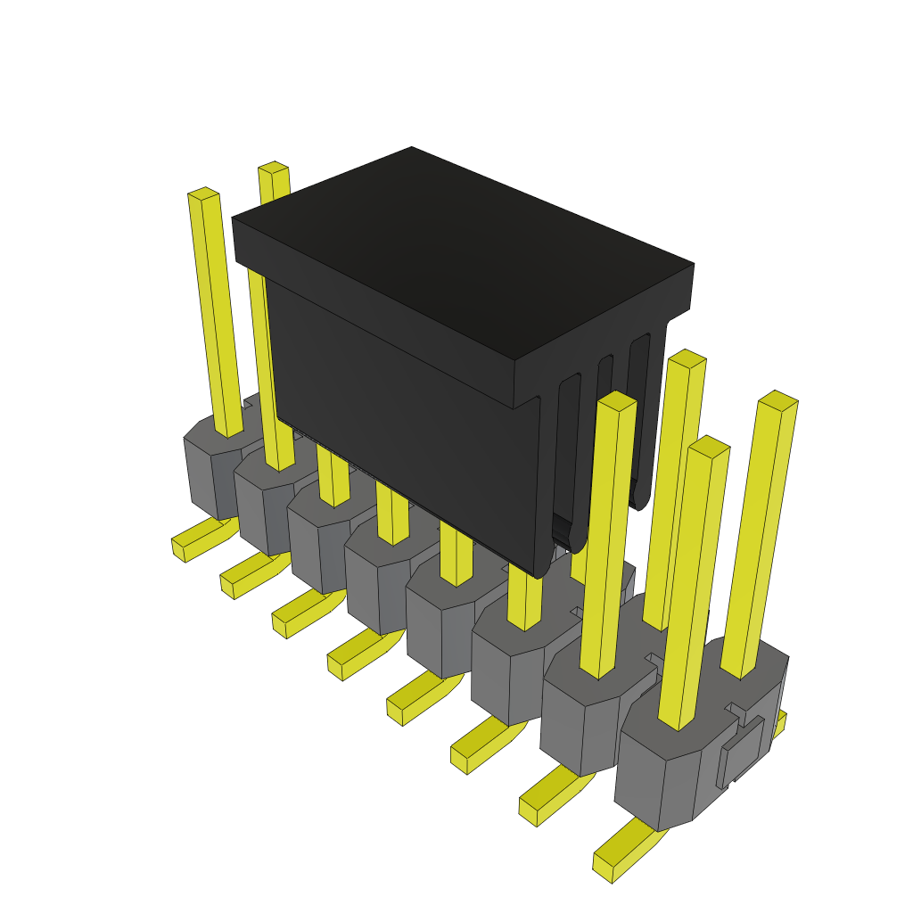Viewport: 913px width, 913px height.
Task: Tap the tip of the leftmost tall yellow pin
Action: pos(204,193)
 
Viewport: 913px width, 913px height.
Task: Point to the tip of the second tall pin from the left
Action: pos(274,168)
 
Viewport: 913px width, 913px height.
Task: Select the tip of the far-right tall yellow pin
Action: pos(777,399)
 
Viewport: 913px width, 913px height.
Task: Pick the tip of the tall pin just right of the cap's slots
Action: pos(687,358)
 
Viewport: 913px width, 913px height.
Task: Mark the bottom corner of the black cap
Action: pos(542,575)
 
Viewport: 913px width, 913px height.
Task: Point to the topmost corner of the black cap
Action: pos(412,147)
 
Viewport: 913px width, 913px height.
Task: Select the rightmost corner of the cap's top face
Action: pos(694,264)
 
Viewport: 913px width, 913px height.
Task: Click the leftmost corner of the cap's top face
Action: pos(233,218)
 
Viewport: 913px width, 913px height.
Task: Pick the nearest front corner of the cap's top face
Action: pos(515,361)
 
